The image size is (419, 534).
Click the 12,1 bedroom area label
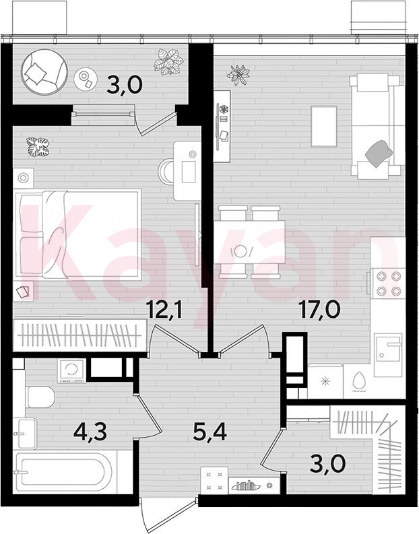[164, 309]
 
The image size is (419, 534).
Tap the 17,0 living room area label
[319, 309]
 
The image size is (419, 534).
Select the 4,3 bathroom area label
[90, 432]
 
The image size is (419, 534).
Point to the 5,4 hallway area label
[209, 432]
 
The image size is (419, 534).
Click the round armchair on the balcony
[44, 72]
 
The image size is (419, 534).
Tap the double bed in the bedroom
[78, 234]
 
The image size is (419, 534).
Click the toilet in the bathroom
[41, 397]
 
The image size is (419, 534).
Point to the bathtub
[65, 472]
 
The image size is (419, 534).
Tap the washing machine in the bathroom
[72, 370]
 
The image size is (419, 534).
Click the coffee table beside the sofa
[324, 127]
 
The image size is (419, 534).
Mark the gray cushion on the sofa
[379, 154]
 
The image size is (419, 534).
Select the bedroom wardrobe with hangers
[80, 335]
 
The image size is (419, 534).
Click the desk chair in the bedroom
[167, 171]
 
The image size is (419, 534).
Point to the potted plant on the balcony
[168, 62]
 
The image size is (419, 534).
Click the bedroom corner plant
[38, 147]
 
